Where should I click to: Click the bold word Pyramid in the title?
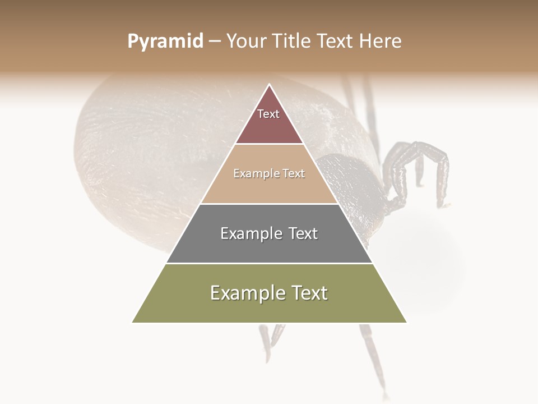coord(165,42)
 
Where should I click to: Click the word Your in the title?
coord(244,42)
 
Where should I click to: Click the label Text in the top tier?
coord(268,114)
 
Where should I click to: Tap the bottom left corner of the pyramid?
coord(133,322)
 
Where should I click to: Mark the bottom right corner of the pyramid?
coord(406,322)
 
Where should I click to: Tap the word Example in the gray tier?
coord(249,233)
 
